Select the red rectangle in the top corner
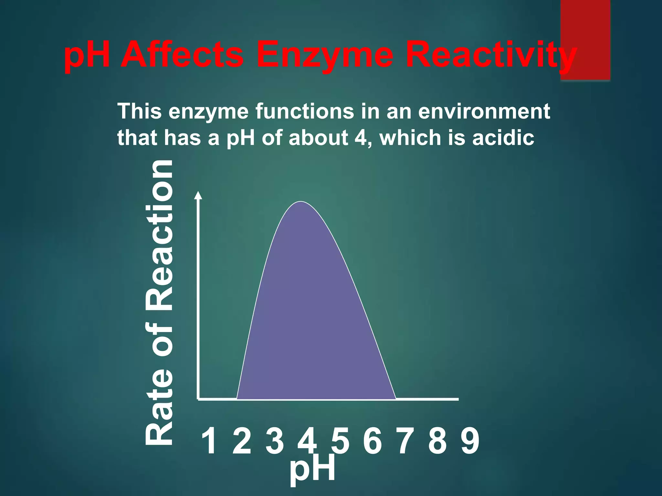(585, 39)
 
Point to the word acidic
(503, 138)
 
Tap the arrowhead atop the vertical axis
(198, 195)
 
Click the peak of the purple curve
(301, 202)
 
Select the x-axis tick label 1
(209, 441)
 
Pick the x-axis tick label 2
(242, 441)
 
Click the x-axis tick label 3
(275, 441)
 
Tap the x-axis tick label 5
(340, 441)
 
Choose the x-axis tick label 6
(372, 441)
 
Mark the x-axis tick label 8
(438, 441)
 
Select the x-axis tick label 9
(470, 441)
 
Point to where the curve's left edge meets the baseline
(237, 399)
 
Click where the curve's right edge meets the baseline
(396, 399)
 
